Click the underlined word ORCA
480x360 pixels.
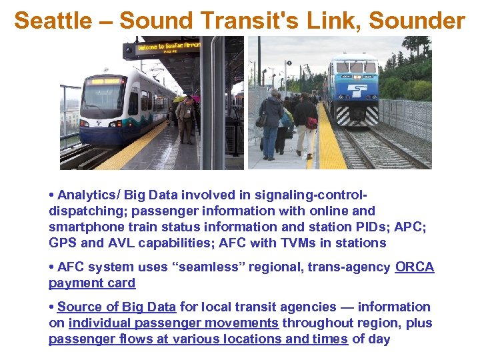pos(414,267)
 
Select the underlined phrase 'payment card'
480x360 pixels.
pos(92,283)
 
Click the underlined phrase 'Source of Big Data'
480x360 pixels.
pos(117,307)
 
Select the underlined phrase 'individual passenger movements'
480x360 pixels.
pos(173,323)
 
